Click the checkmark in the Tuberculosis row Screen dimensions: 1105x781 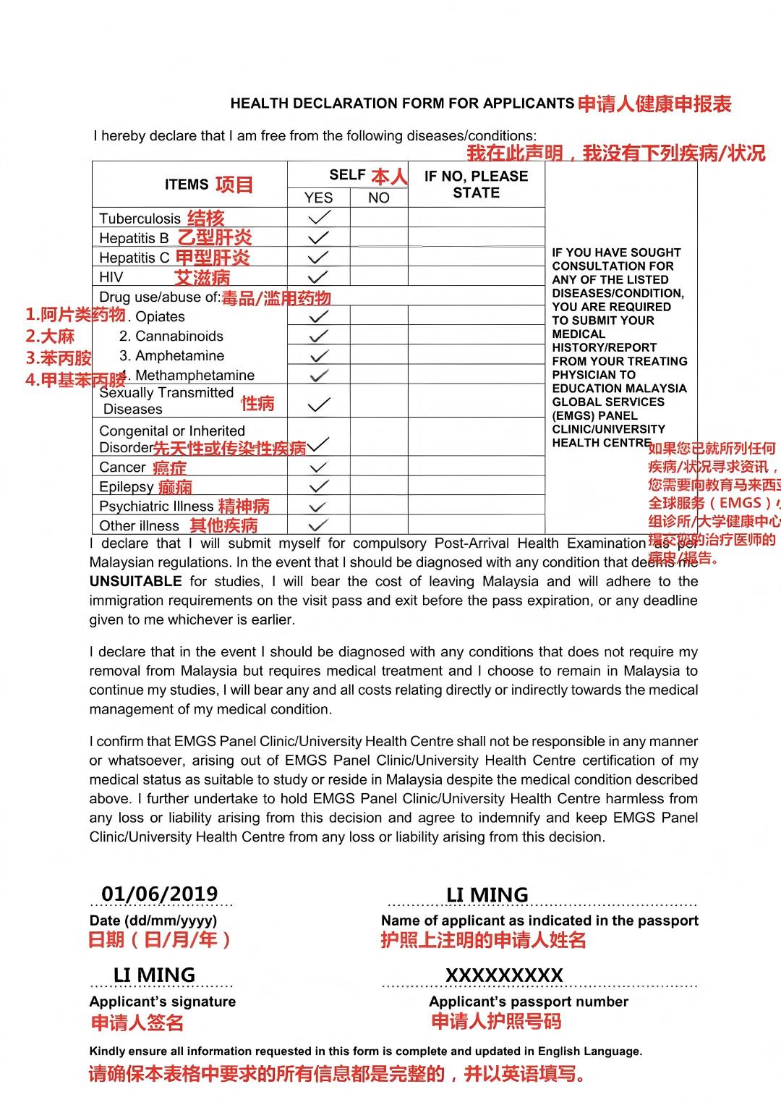coord(319,217)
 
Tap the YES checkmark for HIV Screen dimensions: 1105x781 coord(319,276)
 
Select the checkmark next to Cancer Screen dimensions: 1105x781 coord(319,467)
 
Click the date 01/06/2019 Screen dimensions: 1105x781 coord(160,894)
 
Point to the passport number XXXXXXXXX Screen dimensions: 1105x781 coord(504,975)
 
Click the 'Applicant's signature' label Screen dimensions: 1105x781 coord(163,1002)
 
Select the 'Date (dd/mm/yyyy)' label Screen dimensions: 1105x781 coord(153,920)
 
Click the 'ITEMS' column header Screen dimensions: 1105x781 coord(187,185)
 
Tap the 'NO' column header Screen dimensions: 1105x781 coord(379,198)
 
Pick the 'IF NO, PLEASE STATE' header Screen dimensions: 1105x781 coord(476,185)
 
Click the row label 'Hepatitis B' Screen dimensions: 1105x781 coord(134,238)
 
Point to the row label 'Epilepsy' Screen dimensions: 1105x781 coord(127,487)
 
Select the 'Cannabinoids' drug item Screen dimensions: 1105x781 coord(171,336)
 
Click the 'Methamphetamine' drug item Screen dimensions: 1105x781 coord(195,375)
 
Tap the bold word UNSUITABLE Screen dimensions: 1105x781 coord(135,581)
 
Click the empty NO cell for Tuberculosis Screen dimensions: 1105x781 coord(379,217)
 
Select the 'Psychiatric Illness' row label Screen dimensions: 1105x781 coord(156,507)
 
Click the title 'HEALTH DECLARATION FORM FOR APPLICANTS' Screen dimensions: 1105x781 coord(402,103)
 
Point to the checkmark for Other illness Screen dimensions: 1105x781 coord(319,525)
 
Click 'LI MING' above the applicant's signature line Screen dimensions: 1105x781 coord(154,975)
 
